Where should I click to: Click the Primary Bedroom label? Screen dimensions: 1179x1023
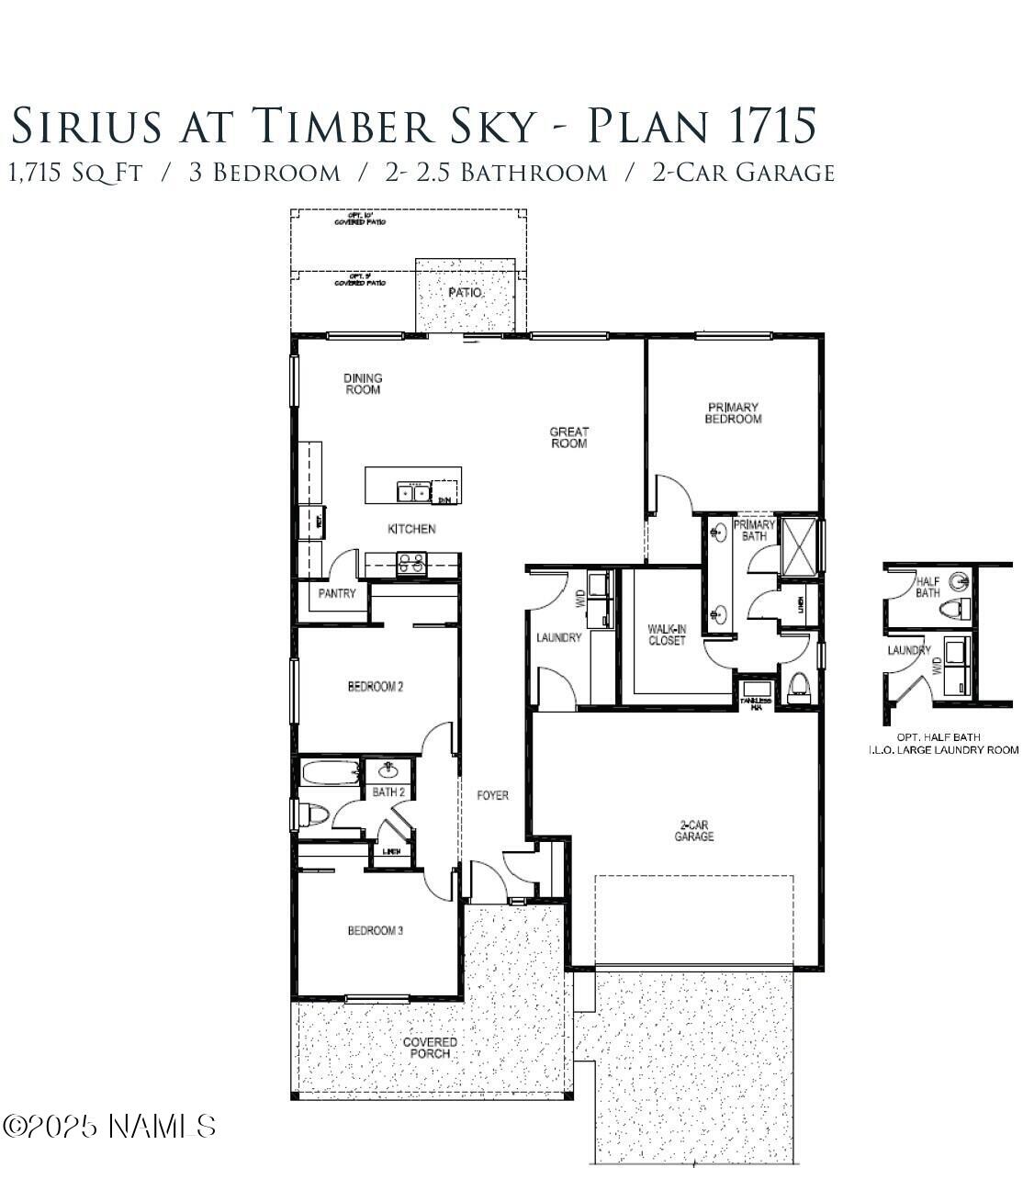point(733,413)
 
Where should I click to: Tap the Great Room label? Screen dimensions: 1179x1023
point(568,437)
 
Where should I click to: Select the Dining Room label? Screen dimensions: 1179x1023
point(363,384)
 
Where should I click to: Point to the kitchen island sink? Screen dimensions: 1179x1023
point(413,493)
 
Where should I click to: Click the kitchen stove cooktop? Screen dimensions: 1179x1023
point(411,563)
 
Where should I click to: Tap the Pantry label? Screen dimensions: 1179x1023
point(337,594)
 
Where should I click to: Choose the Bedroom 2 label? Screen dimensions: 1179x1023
point(375,686)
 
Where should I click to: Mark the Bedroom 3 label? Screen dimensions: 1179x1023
point(375,931)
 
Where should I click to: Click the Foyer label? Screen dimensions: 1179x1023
point(492,795)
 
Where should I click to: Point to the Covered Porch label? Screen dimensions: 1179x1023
point(430,1048)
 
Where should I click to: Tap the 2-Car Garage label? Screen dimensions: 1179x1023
point(693,831)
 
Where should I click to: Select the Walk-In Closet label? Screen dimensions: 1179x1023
point(667,634)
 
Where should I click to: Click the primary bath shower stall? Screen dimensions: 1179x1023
point(798,545)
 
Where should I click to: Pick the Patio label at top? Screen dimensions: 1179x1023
point(465,293)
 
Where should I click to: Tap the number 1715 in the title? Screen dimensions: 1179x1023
point(770,126)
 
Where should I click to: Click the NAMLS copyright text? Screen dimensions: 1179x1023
point(110,1126)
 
